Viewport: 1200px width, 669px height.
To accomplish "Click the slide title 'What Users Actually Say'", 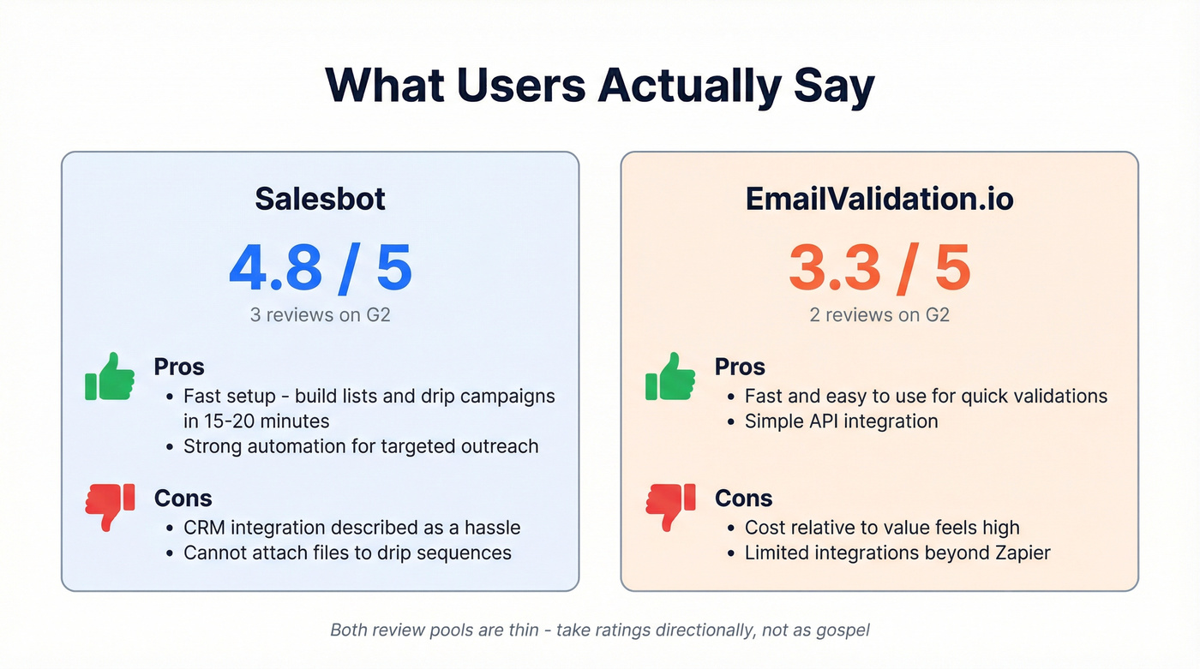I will pyautogui.click(x=600, y=86).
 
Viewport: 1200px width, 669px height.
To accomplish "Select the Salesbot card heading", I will pyautogui.click(x=320, y=199).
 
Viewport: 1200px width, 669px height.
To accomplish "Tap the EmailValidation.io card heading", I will pyautogui.click(x=879, y=199).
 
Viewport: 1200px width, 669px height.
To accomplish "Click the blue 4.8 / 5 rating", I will pyautogui.click(x=320, y=268).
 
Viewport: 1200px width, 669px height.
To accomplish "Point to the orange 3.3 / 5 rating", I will pyautogui.click(x=879, y=268).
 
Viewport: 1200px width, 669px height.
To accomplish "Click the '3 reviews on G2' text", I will pyautogui.click(x=320, y=314).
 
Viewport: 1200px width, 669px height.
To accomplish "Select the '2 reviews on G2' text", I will pyautogui.click(x=879, y=314).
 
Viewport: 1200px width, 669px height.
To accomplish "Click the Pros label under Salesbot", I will pyautogui.click(x=178, y=367).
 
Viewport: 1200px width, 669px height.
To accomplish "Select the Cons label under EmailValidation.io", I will pyautogui.click(x=743, y=499).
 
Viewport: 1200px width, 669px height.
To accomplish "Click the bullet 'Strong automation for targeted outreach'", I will pyautogui.click(x=361, y=446).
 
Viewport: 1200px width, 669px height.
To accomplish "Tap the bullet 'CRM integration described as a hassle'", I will pyautogui.click(x=351, y=528).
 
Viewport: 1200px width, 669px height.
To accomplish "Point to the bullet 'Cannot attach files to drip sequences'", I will pyautogui.click(x=347, y=553).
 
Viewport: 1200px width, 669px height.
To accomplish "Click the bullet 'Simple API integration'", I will pyautogui.click(x=841, y=421).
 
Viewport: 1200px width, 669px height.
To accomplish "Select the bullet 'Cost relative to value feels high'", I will pyautogui.click(x=882, y=528).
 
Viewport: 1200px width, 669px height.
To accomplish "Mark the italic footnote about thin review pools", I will pyautogui.click(x=600, y=630).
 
